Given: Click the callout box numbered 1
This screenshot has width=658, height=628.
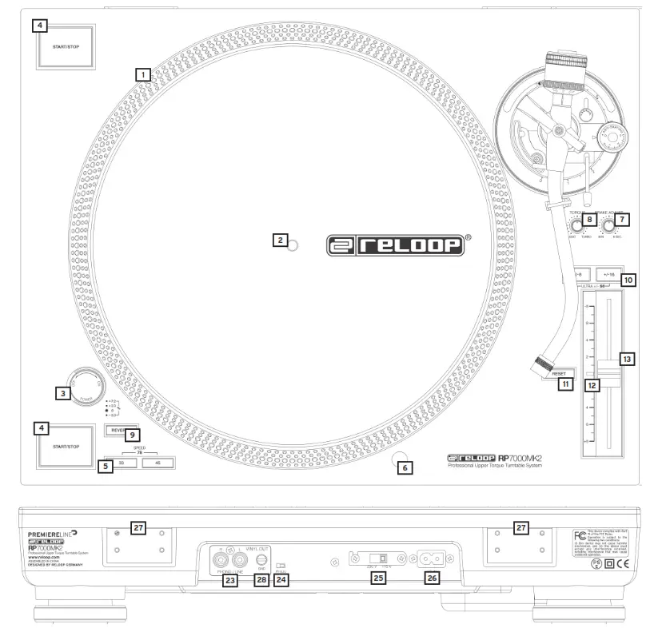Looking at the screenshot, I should pos(142,74).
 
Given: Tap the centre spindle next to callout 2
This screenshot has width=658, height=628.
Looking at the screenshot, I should pos(293,245).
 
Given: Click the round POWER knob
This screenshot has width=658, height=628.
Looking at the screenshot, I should pos(82,384).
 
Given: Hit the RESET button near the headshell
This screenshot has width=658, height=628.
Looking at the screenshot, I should pos(558,372).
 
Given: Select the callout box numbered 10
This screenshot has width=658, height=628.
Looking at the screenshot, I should pos(628,280).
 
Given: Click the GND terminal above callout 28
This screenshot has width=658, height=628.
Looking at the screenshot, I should pos(261,561).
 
